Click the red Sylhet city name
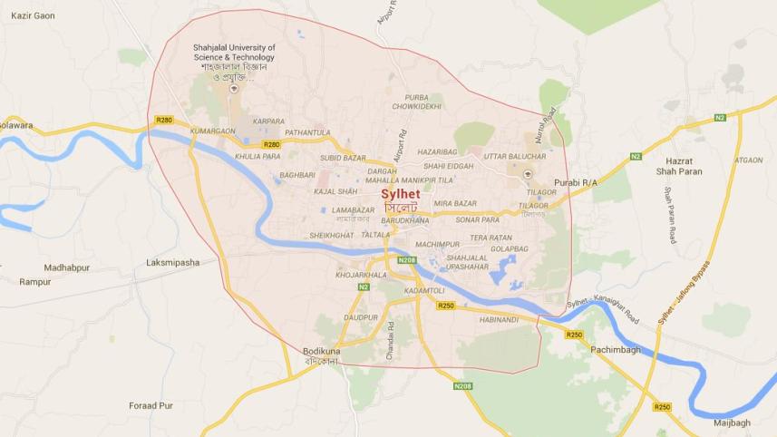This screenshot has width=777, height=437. click(x=400, y=194)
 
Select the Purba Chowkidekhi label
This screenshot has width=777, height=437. click(x=423, y=102)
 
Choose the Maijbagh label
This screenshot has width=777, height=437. click(x=732, y=422)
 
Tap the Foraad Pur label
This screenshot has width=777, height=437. click(x=151, y=405)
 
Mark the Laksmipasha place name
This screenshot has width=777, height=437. click(x=172, y=263)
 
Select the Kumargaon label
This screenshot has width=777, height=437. click(x=213, y=131)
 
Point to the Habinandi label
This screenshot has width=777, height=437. click(x=500, y=318)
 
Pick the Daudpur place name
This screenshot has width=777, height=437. click(x=360, y=317)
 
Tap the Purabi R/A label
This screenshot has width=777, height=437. click(x=576, y=183)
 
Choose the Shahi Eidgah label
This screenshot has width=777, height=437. click(x=448, y=166)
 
